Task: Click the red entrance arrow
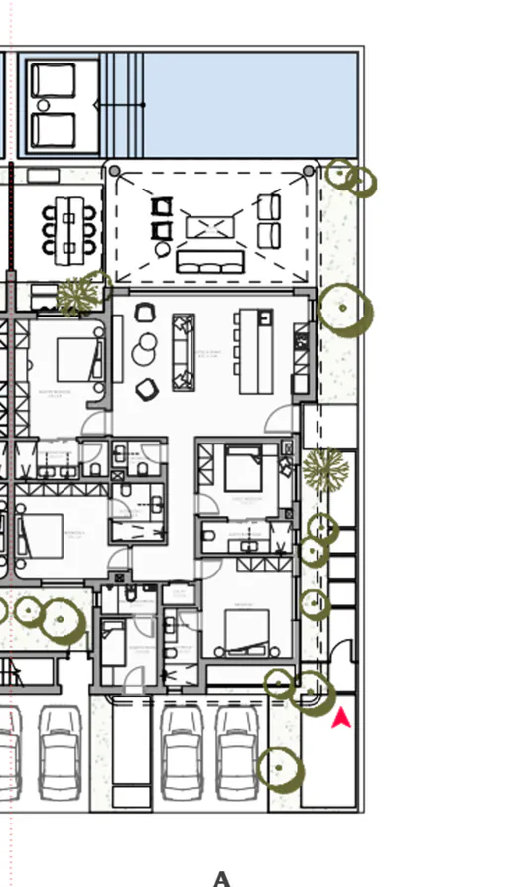(x=341, y=718)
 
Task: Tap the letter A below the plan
(x=222, y=878)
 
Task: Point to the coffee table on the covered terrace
(x=210, y=227)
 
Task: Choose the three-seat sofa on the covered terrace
(x=209, y=261)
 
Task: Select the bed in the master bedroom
(x=76, y=360)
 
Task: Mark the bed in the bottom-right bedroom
(x=246, y=631)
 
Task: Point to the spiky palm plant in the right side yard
(x=324, y=468)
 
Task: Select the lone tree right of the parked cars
(x=280, y=769)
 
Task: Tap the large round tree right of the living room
(x=344, y=309)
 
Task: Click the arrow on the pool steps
(x=120, y=104)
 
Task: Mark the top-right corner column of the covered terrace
(x=309, y=172)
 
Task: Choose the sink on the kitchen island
(x=264, y=317)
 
